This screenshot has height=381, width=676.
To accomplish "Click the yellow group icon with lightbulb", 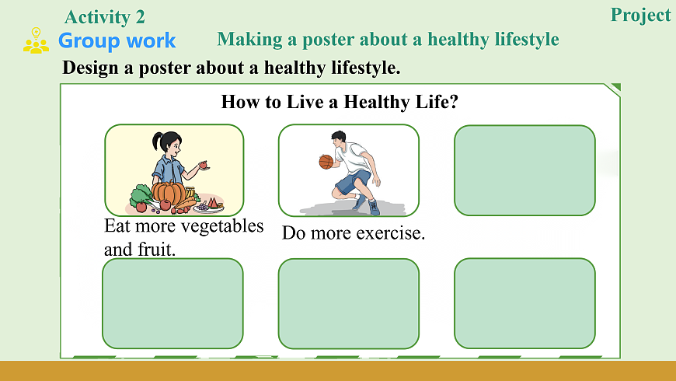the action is click(x=36, y=40).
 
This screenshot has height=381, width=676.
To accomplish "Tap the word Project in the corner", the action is click(x=641, y=16).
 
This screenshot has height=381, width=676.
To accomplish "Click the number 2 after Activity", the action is click(x=140, y=18).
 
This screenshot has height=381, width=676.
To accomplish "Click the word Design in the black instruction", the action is click(x=90, y=68).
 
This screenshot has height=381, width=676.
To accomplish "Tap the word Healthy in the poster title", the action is click(x=377, y=102).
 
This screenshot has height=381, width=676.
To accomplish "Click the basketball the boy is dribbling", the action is click(x=326, y=162).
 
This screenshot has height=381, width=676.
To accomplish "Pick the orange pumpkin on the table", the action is click(x=169, y=192).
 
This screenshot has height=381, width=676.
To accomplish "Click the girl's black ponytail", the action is click(x=156, y=141).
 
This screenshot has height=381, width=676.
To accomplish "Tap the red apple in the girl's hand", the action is click(x=203, y=164).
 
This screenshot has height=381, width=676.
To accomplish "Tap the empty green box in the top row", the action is click(x=524, y=170).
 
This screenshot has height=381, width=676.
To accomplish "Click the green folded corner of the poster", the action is click(x=615, y=88).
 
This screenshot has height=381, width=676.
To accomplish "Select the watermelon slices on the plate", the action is click(x=212, y=202).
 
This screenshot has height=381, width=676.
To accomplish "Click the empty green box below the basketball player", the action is click(x=348, y=304).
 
